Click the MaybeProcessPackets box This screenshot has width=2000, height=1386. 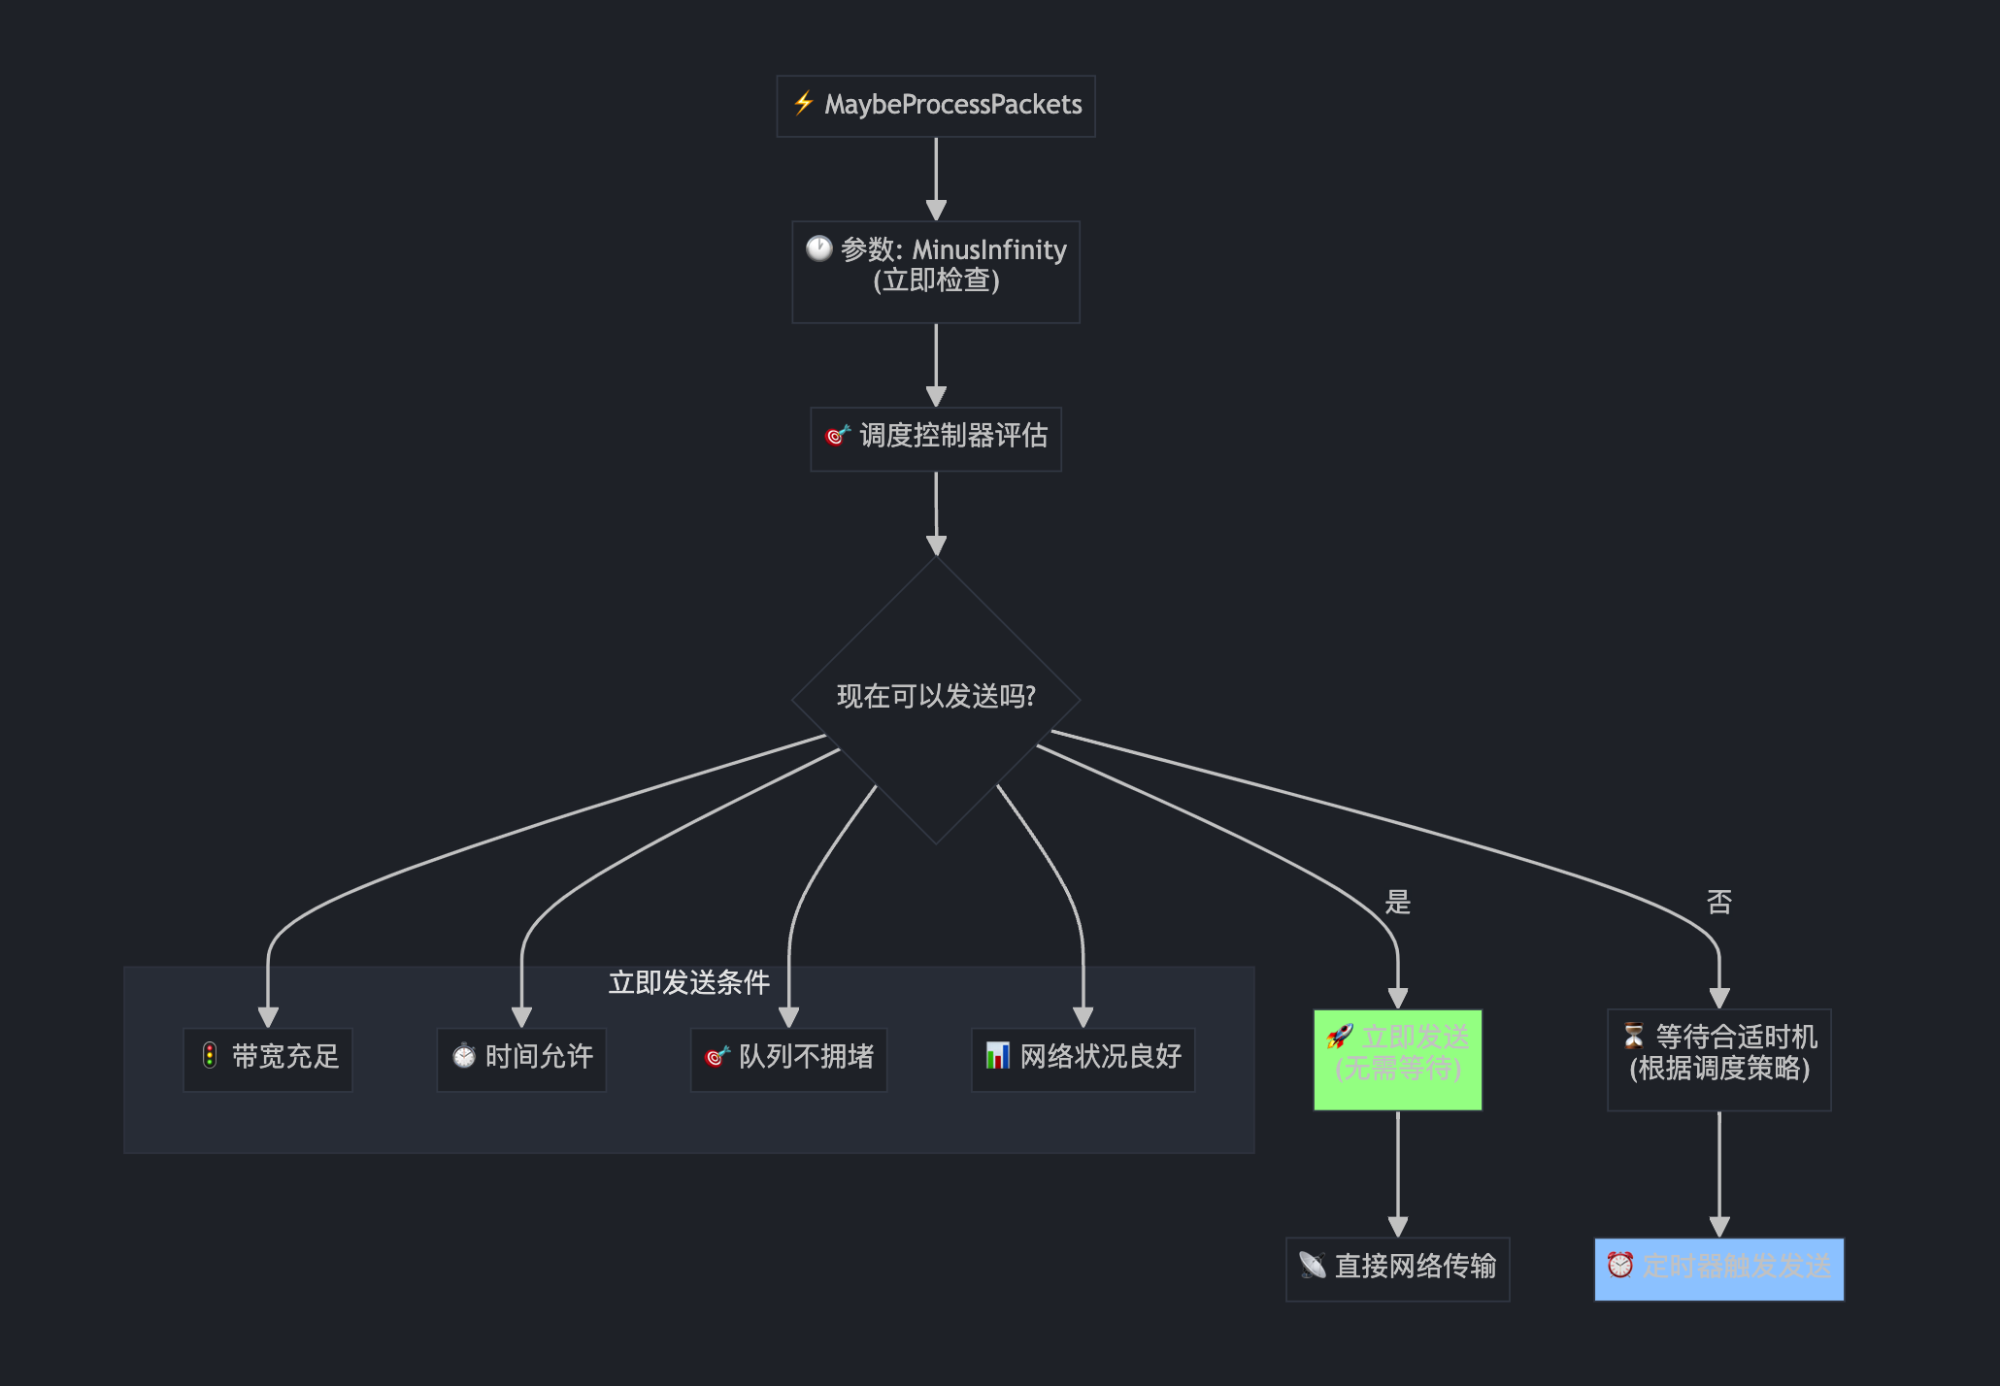click(x=936, y=106)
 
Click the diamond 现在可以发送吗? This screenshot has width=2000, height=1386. click(x=936, y=698)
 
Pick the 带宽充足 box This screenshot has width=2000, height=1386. click(x=268, y=1059)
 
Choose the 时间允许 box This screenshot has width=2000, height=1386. click(x=521, y=1059)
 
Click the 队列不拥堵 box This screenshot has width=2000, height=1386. click(x=788, y=1059)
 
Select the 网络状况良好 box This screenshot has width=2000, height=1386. click(x=1083, y=1059)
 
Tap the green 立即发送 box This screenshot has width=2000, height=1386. click(x=1397, y=1059)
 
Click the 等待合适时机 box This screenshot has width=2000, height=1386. click(x=1718, y=1059)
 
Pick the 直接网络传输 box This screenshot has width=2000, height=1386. click(x=1397, y=1269)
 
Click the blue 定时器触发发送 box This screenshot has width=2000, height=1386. click(x=1718, y=1269)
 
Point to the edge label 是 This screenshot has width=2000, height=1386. click(x=1397, y=902)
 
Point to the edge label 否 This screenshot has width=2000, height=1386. click(x=1718, y=902)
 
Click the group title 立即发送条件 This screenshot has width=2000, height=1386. click(x=688, y=982)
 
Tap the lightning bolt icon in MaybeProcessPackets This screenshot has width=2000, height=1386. click(x=803, y=103)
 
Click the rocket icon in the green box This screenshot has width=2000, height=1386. click(x=1340, y=1037)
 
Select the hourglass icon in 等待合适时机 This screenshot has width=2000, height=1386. click(x=1634, y=1036)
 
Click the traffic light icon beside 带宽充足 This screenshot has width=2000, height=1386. click(x=210, y=1055)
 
